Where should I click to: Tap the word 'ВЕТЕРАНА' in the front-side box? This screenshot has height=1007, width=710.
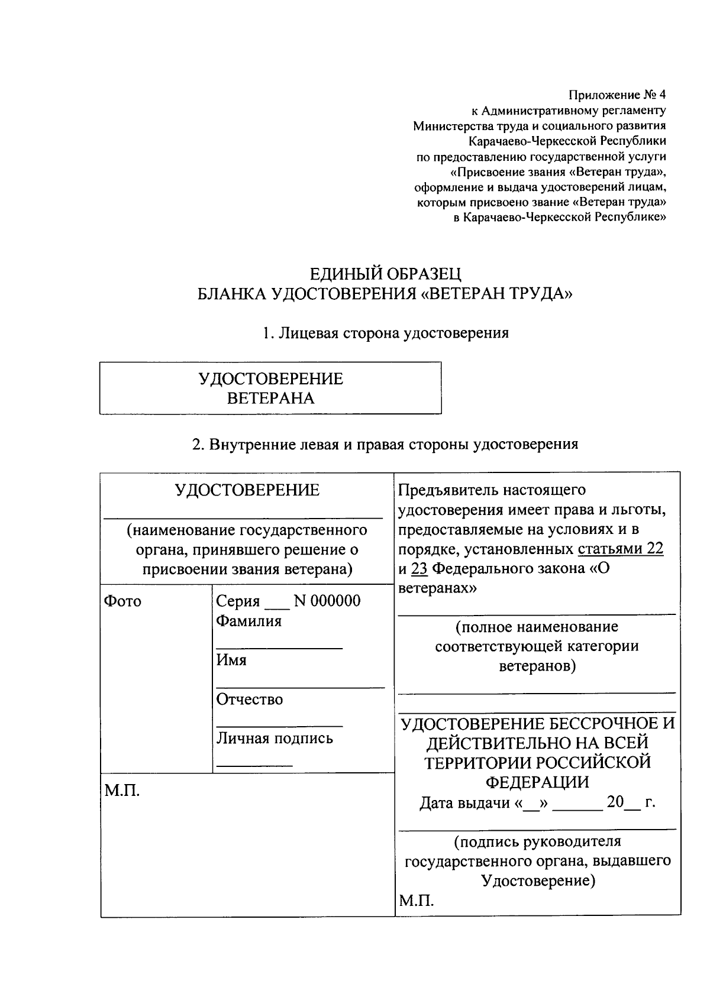click(270, 398)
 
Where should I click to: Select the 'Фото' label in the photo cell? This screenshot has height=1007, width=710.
click(122, 601)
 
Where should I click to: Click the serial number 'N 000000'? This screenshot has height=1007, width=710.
click(327, 601)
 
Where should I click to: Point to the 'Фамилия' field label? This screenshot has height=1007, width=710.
click(248, 621)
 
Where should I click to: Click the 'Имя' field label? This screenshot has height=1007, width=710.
click(231, 660)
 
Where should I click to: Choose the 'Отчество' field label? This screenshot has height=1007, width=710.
click(249, 700)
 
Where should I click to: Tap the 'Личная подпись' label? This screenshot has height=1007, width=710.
click(274, 739)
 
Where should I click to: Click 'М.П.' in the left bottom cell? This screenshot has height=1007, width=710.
click(122, 791)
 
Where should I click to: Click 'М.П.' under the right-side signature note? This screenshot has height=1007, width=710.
click(417, 901)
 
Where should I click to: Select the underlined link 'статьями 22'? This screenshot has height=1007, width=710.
click(620, 549)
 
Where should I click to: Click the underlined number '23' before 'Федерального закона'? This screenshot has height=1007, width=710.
click(419, 569)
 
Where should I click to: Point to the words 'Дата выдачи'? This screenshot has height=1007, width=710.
click(464, 803)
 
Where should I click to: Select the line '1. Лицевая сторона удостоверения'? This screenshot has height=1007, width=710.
click(386, 333)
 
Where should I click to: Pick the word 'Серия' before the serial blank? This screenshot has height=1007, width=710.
click(238, 601)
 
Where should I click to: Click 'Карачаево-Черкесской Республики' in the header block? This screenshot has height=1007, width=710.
click(567, 141)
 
